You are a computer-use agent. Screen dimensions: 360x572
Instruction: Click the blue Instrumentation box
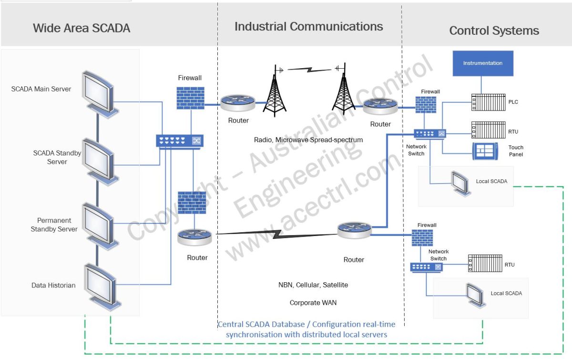[x=483, y=63]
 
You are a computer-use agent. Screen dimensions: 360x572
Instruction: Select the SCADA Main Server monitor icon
[x=98, y=92]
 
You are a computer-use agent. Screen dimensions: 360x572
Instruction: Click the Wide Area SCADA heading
[x=82, y=28]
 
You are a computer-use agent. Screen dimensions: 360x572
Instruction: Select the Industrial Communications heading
[x=308, y=26]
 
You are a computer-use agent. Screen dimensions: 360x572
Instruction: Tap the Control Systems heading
[x=494, y=31]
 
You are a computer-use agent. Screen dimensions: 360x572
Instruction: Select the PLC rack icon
[x=488, y=102]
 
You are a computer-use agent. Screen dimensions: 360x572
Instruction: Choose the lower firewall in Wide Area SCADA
[x=191, y=203]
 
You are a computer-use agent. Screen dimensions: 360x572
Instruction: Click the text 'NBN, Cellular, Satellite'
[x=313, y=285]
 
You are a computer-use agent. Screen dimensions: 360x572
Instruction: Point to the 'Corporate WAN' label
[x=313, y=303]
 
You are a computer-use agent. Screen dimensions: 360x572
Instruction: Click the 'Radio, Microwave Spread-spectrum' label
[x=308, y=140]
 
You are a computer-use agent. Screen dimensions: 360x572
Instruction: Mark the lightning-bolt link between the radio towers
[x=310, y=70]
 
